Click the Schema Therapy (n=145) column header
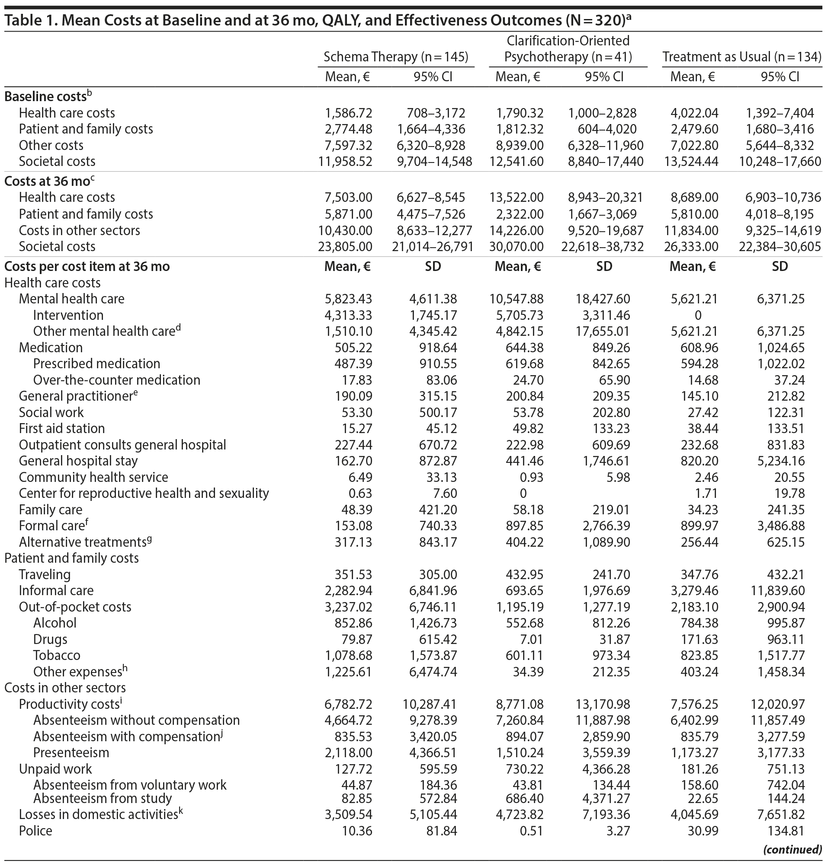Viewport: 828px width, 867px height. pos(396,57)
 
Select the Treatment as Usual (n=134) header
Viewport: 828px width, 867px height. pos(741,57)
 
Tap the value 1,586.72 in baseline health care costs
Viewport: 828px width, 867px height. pos(349,113)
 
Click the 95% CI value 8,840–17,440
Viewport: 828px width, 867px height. pos(606,161)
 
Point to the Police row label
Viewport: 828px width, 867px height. pos(36,831)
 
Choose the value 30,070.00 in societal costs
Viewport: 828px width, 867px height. pos(517,246)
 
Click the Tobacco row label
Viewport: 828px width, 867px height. pos(57,655)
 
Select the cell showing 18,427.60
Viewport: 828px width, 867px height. pos(604,299)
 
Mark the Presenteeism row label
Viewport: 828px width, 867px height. pos(71,752)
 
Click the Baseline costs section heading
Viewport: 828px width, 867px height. pos(45,96)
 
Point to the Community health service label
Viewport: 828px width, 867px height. pos(93,477)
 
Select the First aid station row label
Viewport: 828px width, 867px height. pos(62,429)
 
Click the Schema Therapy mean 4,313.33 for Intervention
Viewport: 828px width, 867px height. pos(349,316)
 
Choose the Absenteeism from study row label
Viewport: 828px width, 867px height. pos(103,798)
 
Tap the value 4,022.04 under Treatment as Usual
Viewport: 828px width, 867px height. pos(694,113)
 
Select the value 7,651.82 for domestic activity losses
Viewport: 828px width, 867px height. pos(780,814)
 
